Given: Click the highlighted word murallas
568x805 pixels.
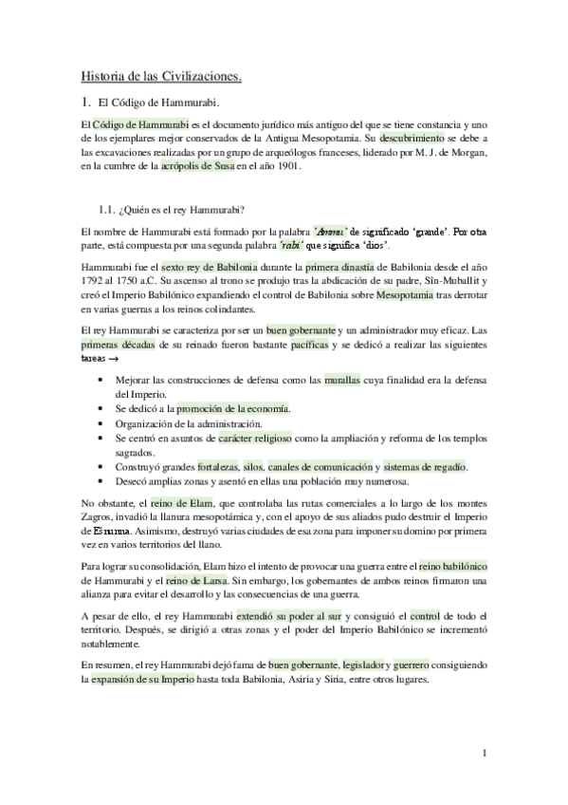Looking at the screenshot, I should [342, 380].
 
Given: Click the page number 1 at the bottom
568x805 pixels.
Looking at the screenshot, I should [484, 754].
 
